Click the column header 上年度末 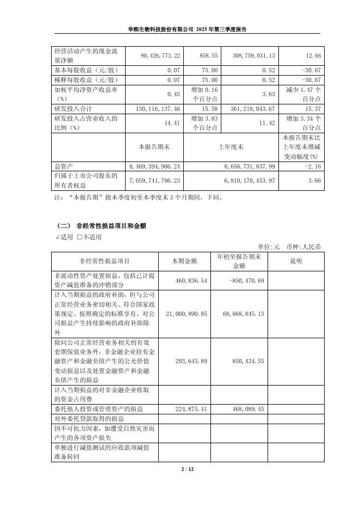point(231,147)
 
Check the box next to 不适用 point(79,237)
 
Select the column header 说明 point(296,262)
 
